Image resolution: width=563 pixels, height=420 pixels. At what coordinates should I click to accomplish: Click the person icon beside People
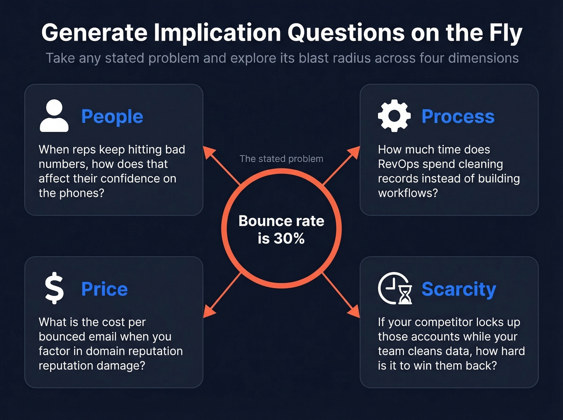point(54,116)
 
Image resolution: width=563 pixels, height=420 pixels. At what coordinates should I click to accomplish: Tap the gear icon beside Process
point(394,116)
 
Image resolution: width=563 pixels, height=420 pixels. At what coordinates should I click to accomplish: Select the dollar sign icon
point(54,288)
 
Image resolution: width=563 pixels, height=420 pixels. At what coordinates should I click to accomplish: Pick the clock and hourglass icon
point(395,288)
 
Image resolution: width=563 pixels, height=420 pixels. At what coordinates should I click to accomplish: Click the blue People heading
point(112,117)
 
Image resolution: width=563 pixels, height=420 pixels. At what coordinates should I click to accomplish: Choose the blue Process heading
point(458,117)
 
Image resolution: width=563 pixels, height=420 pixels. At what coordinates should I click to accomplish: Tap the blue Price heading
point(105,289)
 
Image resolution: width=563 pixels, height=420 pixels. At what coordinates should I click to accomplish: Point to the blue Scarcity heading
point(459,289)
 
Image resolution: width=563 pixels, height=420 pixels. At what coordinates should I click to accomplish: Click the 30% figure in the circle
point(289,238)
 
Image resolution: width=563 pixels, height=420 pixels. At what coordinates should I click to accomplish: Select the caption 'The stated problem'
point(281,159)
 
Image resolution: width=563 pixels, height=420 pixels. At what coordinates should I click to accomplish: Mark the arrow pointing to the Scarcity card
point(341,295)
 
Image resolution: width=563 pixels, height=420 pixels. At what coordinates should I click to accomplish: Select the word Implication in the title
point(217,33)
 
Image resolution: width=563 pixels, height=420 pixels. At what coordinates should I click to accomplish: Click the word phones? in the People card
point(82,193)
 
